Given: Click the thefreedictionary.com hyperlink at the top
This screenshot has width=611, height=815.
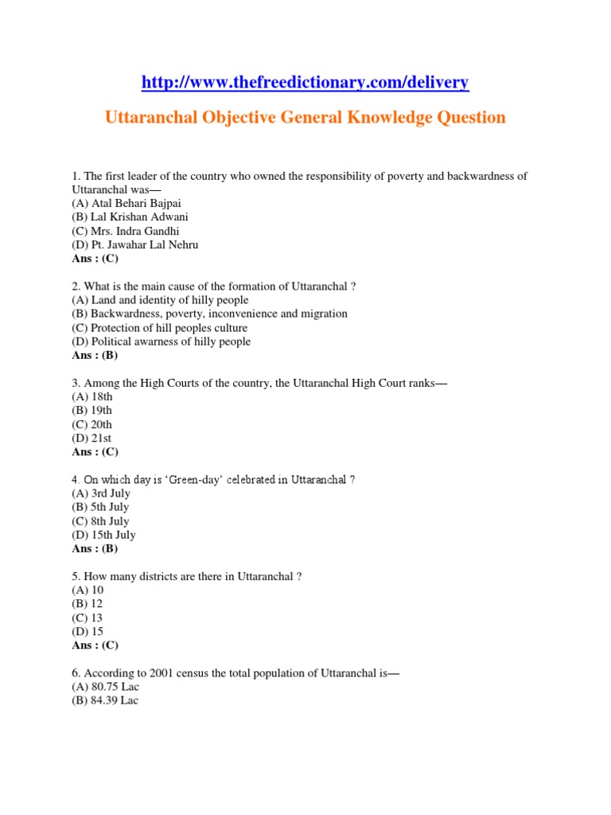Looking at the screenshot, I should pos(305,82).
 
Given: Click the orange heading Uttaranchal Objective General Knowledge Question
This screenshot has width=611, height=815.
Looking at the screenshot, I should pos(305,118).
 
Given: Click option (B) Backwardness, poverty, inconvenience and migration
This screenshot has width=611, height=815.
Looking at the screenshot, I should pos(209,314).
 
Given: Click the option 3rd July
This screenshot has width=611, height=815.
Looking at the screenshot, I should pos(99,493).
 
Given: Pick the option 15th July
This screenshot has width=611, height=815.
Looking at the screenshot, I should pos(103,535).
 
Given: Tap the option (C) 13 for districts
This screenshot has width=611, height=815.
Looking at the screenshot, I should pos(88,618).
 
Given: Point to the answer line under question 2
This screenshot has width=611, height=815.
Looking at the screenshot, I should pos(95,355).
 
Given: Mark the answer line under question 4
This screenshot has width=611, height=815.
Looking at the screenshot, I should pos(95,548).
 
